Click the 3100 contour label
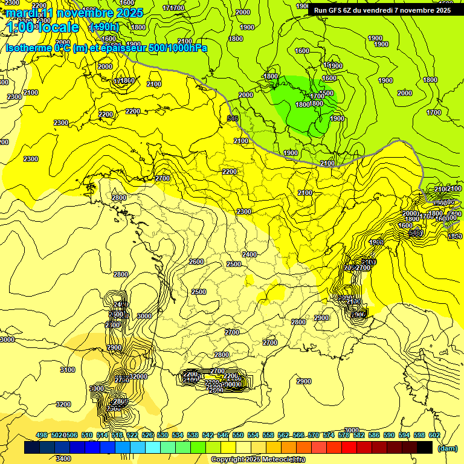pos(68,370)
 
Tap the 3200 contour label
pos(63,404)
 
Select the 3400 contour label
pos(63,459)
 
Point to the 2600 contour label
pos(196,262)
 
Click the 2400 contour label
pos(250,254)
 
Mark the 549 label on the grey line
pos(233,118)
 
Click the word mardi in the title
pos(22,13)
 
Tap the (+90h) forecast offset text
pos(105,27)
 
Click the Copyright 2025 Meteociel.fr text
pos(257,459)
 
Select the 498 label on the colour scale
pos(42,435)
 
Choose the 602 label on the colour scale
pos(434,435)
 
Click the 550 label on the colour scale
pos(238,435)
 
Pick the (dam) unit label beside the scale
pos(447,448)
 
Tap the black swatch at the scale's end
pos(424,448)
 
